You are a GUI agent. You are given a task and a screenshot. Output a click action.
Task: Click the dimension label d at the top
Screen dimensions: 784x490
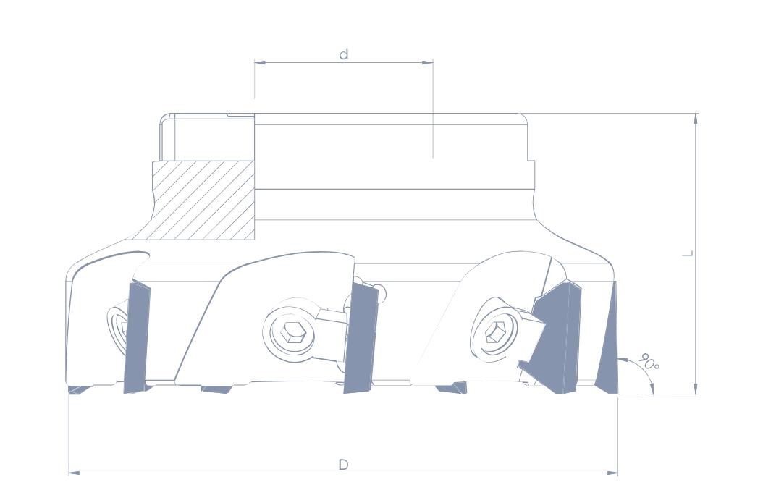tap(344, 54)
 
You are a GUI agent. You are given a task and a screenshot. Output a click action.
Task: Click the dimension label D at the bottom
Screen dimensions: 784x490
tap(343, 465)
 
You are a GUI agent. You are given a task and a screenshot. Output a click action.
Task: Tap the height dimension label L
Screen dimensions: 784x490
tap(688, 253)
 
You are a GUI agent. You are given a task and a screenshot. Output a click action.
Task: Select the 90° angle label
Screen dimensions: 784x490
tap(649, 362)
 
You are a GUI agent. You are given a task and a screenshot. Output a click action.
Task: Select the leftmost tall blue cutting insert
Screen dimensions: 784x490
tap(137, 337)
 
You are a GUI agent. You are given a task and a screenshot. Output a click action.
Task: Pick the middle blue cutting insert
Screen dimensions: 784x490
tap(361, 337)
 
